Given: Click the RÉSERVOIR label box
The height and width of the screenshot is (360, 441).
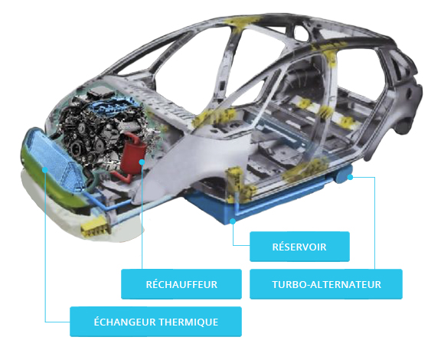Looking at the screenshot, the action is pos(299,247).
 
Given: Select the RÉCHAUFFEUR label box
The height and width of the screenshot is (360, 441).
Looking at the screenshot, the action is pos(181,284).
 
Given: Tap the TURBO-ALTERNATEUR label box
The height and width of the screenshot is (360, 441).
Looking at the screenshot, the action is pos(326,284).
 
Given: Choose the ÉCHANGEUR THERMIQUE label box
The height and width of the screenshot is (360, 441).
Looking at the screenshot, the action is pos(155,322).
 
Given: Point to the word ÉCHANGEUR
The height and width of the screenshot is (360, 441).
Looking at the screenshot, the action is pos(125,322).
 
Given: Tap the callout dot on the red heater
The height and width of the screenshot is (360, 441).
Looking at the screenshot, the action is pos(142,162).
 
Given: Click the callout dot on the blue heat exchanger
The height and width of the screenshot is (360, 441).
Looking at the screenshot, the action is pos(45,169).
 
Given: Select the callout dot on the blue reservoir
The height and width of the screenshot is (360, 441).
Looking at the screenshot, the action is pos(233,221).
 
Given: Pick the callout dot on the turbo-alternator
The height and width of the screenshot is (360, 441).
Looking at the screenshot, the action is pos(350,177).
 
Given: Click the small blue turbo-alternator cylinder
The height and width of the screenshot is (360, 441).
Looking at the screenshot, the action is pos(343,175).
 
